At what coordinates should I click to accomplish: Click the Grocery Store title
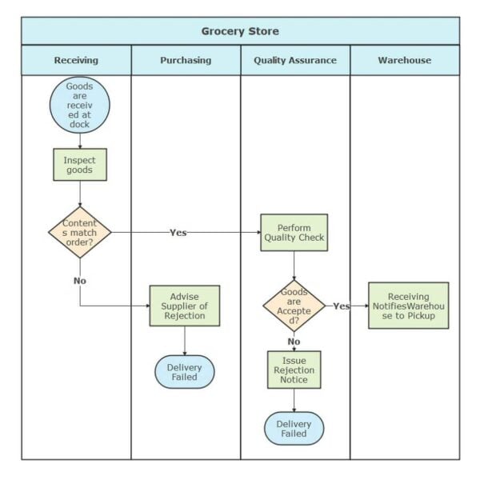pos(240,31)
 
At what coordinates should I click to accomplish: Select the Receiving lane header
pos(76,60)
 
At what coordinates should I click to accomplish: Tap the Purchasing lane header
pos(186,60)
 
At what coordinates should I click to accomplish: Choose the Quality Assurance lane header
pos(295,60)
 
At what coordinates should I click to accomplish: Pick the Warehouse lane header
pos(405,60)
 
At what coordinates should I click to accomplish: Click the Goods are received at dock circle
pos(79,103)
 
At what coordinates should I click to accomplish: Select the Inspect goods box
pos(79,165)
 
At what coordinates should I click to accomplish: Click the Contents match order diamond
pos(79,232)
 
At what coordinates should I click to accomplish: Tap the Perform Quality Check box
pos(294,233)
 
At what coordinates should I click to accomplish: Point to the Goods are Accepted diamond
pos(294,306)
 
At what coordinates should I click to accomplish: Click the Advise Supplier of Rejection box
pos(185,306)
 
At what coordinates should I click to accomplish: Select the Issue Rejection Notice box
pos(294,370)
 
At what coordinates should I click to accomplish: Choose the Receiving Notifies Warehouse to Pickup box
pos(408,306)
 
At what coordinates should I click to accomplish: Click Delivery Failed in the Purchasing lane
pos(185,372)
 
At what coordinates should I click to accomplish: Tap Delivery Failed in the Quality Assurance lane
pos(294,429)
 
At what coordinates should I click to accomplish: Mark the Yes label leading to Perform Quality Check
pos(178,233)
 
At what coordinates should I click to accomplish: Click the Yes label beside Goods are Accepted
pos(341,306)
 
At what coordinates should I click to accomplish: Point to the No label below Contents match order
pos(80,281)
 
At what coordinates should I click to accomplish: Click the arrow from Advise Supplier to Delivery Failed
pos(185,341)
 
